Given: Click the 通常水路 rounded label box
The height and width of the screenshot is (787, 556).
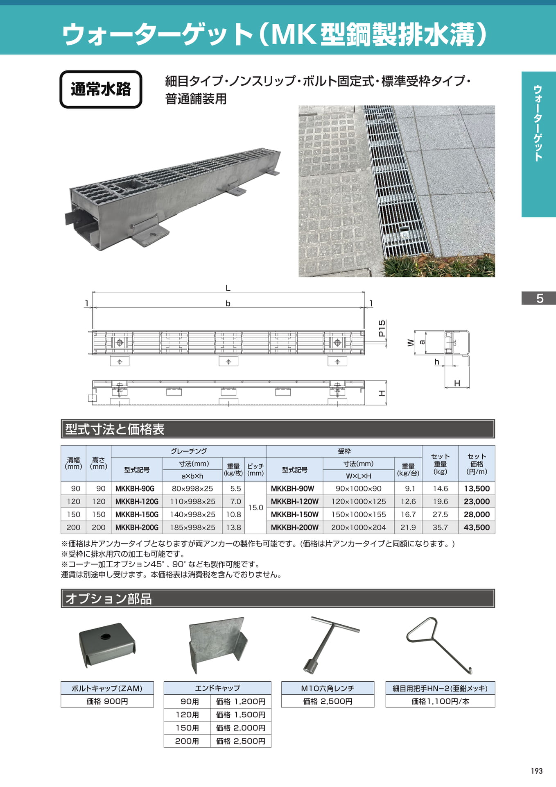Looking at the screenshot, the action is tap(101, 89).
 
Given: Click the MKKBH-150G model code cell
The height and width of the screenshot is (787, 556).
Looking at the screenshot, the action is tap(137, 514).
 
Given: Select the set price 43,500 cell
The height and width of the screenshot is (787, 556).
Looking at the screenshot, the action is tap(477, 528).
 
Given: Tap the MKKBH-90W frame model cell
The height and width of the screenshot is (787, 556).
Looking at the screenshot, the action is tap(295, 489).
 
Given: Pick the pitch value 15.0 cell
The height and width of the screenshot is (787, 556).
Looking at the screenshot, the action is tap(255, 508).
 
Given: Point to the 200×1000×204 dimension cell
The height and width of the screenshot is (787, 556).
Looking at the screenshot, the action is tap(358, 528).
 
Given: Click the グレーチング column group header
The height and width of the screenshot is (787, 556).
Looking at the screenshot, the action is tap(189, 451).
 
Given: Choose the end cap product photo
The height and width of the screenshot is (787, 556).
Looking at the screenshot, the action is tap(218, 645).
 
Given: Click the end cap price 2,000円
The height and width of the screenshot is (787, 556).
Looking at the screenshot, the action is tap(241, 728).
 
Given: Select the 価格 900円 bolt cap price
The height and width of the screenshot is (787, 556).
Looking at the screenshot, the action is tap(107, 701).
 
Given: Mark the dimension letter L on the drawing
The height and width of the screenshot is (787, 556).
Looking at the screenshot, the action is tap(228, 288).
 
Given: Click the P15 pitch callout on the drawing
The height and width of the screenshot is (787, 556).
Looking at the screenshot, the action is tap(382, 328).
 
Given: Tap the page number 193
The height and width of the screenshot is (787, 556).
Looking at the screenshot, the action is tap(536, 771).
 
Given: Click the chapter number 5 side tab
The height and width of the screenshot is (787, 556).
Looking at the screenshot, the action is tap(539, 298).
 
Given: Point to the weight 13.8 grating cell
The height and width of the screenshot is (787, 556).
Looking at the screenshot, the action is tap(233, 528).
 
